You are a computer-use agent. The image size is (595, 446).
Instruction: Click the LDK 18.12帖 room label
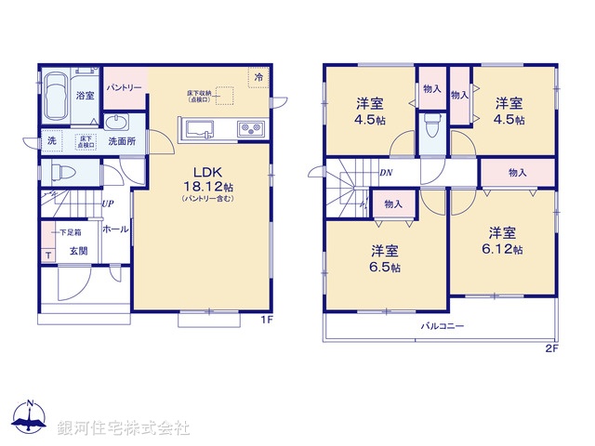point(205,179)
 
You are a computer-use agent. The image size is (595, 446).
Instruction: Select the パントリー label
point(123,87)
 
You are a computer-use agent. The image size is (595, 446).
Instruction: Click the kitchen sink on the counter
point(200,129)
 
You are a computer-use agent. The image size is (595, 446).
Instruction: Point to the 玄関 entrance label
point(79,251)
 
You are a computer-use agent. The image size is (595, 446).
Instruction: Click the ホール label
point(115,229)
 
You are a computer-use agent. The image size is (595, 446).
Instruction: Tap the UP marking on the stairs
point(108,203)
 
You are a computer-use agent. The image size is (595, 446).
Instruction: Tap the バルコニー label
point(442,326)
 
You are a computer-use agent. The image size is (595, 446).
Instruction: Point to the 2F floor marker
point(549,349)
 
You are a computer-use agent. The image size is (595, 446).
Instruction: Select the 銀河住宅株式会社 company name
point(124,428)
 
